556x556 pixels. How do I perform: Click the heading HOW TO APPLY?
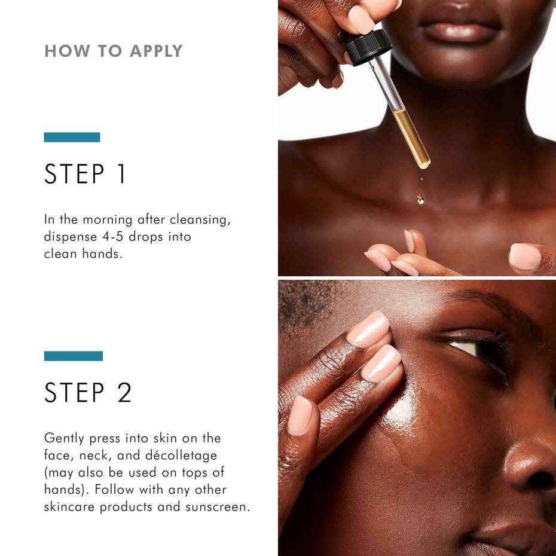pos(113,51)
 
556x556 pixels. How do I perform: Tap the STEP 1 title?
pos(85,174)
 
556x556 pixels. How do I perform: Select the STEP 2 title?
pos(88,393)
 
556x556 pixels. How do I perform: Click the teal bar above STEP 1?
pos(72,137)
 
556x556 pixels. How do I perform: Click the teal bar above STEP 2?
pos(73,356)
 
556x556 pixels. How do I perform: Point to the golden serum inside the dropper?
pos(412,138)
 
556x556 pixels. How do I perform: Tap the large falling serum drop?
pos(421,199)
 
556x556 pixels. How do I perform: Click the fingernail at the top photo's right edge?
pos(524,256)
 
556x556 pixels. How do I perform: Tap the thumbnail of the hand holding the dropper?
pos(361,19)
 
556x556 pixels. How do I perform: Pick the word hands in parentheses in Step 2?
pos(63,490)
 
